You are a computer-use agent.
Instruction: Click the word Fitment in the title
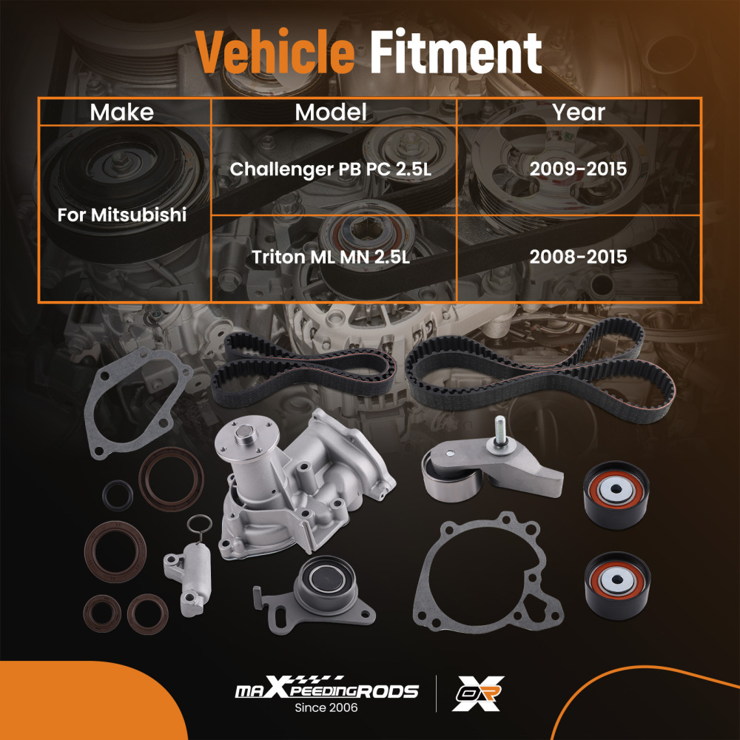coord(456,53)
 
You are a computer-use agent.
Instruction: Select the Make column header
coord(122,112)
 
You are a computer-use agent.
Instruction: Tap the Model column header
coord(331,112)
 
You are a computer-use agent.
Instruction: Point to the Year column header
coord(579,112)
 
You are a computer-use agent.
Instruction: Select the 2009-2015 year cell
coord(579,169)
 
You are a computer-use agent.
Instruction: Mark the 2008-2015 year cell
coord(579,258)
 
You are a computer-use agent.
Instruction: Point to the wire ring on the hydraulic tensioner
coord(195,527)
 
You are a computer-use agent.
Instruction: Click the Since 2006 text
coord(326,709)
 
